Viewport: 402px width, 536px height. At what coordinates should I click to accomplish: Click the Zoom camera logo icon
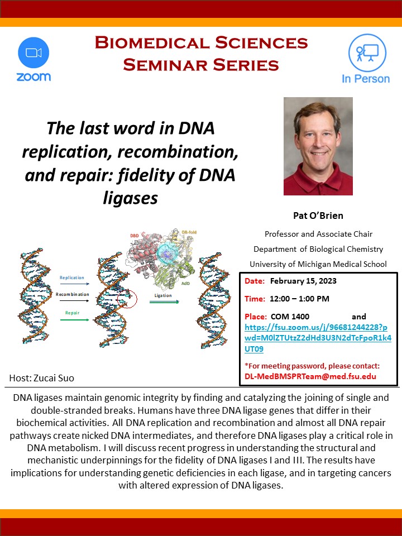[x=33, y=52]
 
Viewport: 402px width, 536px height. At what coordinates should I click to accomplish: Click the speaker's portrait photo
[x=318, y=146]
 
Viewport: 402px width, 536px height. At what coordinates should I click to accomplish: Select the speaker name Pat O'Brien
[x=318, y=216]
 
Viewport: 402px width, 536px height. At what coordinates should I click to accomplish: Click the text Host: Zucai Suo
[x=42, y=378]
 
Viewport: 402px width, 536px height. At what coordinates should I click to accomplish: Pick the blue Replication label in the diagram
[x=71, y=277]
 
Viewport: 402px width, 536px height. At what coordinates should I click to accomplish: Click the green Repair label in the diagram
[x=72, y=313]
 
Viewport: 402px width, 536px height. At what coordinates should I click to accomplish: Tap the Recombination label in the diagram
[x=72, y=294]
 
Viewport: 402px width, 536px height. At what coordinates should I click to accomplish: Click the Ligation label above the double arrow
[x=164, y=295]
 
